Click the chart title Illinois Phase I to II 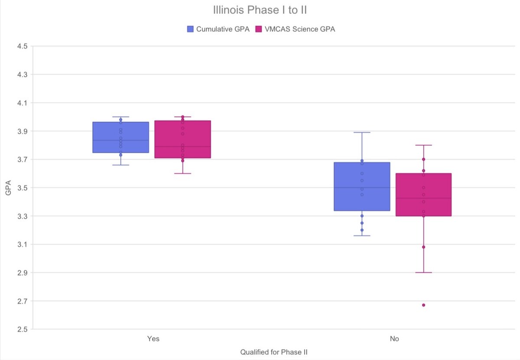coord(260,10)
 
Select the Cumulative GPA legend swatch coord(190,29)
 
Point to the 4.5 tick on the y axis coord(22,46)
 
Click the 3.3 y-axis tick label coord(22,216)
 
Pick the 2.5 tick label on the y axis coord(22,329)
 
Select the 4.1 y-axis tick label coord(22,103)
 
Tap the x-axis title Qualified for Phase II coord(274,352)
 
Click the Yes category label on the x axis coord(153,339)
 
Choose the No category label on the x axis coord(394,339)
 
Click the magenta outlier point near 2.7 coord(423,305)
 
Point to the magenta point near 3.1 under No coord(423,247)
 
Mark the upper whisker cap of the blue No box coord(362,132)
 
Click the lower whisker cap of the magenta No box coord(423,272)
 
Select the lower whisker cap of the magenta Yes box coord(182,173)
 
